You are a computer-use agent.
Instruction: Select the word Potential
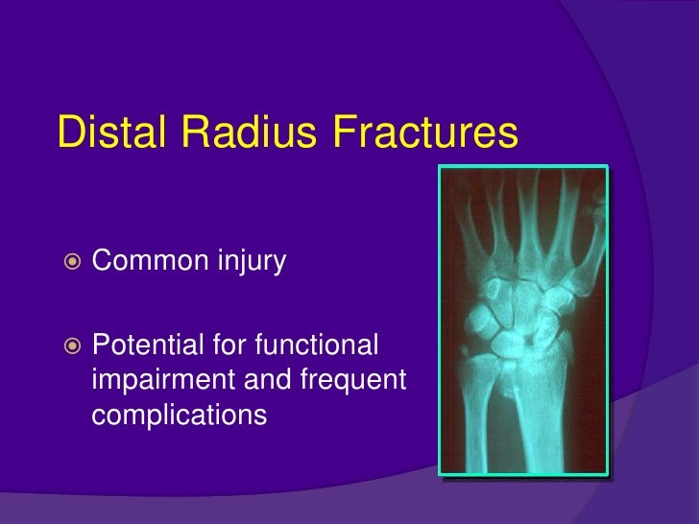tap(147, 344)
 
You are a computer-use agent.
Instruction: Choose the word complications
tap(177, 416)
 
